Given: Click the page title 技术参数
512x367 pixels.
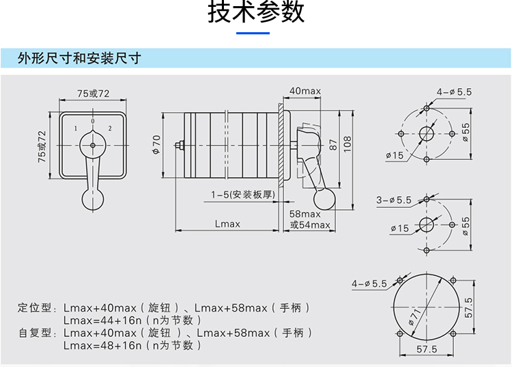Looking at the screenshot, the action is [256, 14].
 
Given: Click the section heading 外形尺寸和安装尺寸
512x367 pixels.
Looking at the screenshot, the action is [80, 58].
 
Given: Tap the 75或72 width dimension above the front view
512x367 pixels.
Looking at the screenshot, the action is [94, 93].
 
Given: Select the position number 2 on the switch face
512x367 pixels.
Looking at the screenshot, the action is [110, 128].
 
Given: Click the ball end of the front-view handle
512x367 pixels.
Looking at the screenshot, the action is [93, 198].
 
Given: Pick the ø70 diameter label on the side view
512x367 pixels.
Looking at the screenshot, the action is [156, 144].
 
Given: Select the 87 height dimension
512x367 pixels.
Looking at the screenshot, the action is [333, 145].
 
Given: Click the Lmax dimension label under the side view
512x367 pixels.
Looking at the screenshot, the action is [227, 223].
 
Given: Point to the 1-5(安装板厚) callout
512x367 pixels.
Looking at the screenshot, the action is [242, 195].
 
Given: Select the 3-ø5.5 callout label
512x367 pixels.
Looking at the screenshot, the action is [394, 200].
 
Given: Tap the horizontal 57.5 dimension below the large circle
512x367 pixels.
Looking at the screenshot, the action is [427, 349].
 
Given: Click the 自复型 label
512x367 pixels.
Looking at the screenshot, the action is [35, 333].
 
